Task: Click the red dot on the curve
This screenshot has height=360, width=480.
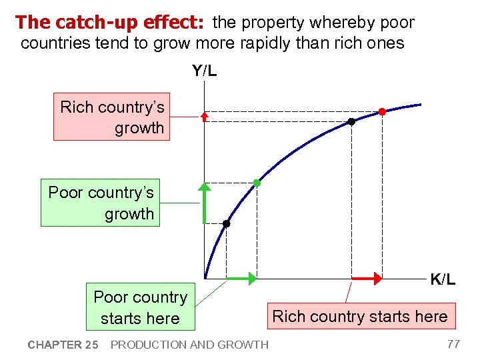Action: (382, 111)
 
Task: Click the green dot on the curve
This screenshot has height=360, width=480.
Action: (257, 183)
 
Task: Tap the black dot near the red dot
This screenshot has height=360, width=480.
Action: (351, 122)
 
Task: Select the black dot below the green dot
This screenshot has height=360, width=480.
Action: (226, 224)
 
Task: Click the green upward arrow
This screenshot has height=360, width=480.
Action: (204, 203)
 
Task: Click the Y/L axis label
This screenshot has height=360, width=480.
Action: (204, 71)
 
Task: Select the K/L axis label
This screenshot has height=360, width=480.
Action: (443, 280)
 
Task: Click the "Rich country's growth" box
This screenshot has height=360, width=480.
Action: (112, 117)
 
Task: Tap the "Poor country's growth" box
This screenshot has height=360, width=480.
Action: (101, 203)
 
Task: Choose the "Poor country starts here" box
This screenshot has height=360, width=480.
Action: (141, 307)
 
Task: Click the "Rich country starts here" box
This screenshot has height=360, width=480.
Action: (360, 316)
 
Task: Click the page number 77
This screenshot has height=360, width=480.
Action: (453, 344)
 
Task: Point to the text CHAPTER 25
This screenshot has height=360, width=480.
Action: (63, 345)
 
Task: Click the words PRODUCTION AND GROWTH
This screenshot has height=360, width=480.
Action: (189, 345)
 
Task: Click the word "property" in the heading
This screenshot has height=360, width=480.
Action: (271, 23)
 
